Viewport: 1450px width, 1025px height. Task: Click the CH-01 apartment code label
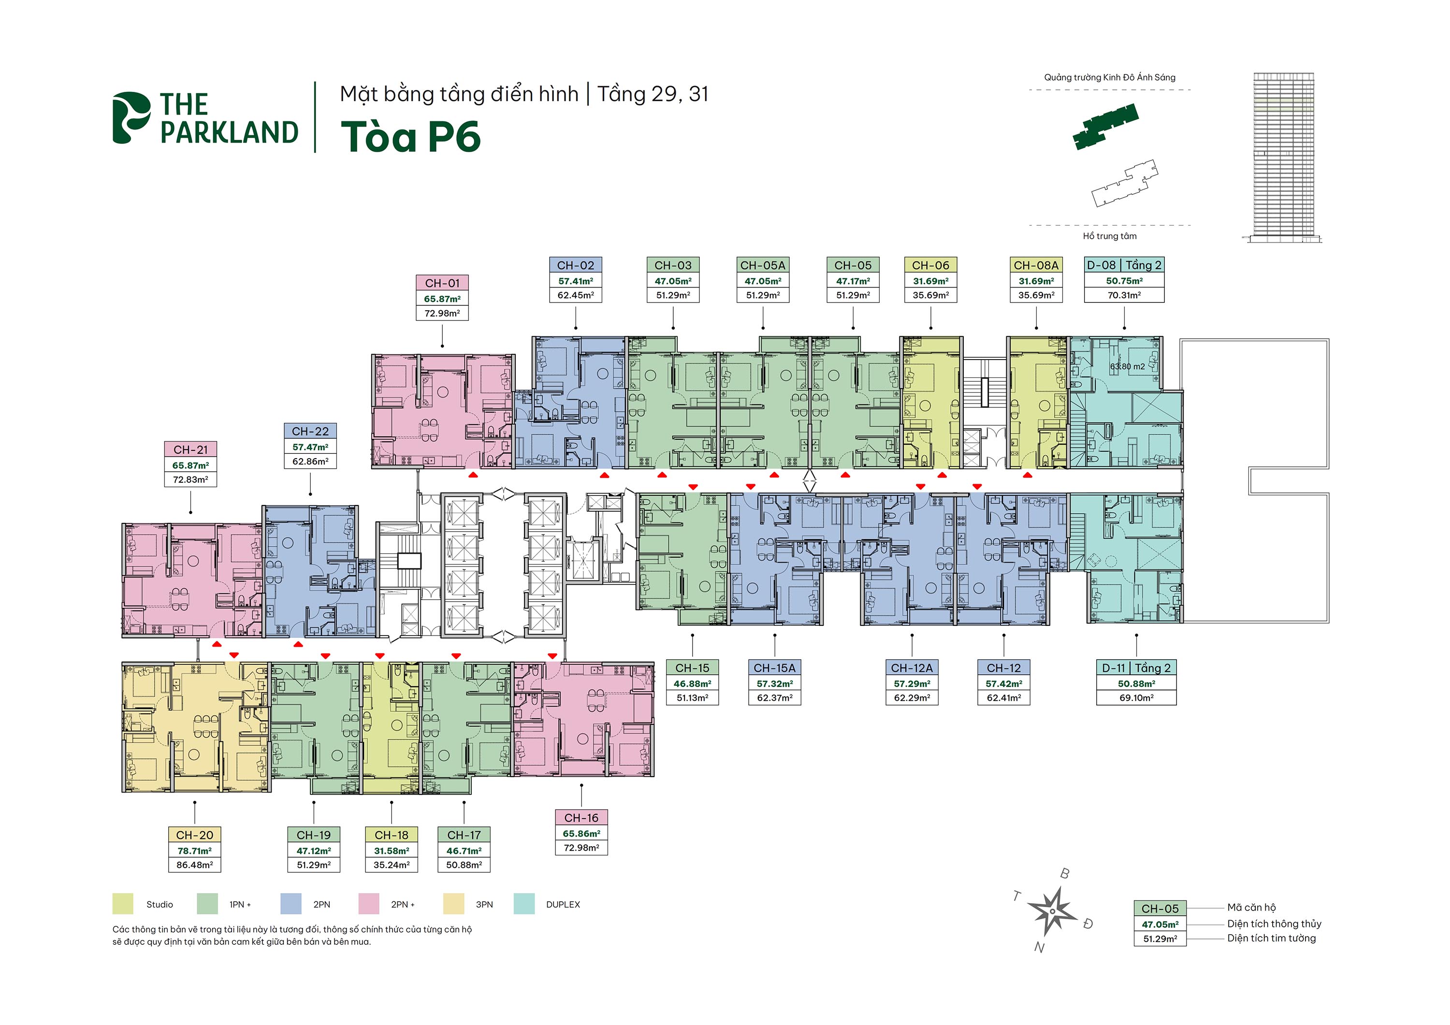coord(442,283)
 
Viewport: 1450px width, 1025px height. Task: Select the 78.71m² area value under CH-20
coord(194,851)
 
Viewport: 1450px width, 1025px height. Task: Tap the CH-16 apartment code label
coord(581,818)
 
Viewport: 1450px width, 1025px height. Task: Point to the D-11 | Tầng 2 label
coord(1136,667)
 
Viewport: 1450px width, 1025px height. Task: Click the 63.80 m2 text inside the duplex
coord(1127,366)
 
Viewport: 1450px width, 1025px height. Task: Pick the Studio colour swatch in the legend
coord(122,904)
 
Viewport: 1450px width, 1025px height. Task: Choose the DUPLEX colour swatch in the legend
coord(524,904)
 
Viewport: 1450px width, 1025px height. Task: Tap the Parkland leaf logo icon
coord(130,117)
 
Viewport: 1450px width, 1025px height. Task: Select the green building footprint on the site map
coord(1105,126)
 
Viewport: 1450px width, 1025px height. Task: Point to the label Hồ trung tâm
coord(1110,236)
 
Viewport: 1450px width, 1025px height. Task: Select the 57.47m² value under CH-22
coord(310,447)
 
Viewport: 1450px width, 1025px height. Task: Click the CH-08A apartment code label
coord(1036,265)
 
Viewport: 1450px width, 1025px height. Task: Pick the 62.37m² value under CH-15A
coord(775,698)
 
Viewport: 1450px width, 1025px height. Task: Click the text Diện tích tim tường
coord(1271,938)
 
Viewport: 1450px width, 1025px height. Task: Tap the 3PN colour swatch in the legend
coord(453,904)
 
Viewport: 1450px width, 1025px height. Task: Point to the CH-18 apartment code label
coord(391,835)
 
